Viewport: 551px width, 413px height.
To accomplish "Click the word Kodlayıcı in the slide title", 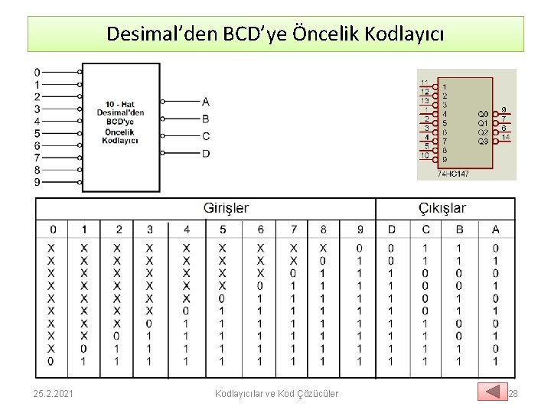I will (405, 34).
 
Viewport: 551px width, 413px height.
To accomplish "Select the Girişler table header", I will (226, 208).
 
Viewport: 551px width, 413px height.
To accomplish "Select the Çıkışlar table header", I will (442, 208).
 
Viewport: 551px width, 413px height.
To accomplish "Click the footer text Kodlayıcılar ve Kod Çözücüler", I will (277, 393).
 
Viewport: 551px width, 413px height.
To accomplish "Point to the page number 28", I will (514, 393).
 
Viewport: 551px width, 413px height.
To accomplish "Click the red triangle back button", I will (492, 392).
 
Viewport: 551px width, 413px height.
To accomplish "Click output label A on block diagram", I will (205, 102).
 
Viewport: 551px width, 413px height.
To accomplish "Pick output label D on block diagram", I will (205, 154).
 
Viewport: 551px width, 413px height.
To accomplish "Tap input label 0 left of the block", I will (37, 73).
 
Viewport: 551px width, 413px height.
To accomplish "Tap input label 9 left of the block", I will (37, 182).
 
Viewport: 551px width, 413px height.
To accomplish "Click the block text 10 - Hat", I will (120, 104).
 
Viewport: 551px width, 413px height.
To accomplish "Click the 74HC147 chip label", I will (453, 174).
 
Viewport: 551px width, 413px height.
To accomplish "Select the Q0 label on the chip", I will (483, 114).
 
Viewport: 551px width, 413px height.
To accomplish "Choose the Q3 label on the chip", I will (483, 141).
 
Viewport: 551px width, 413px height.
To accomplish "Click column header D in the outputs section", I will (392, 229).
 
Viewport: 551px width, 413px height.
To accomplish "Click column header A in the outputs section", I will (495, 229).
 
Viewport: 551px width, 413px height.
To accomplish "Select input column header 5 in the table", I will (223, 229).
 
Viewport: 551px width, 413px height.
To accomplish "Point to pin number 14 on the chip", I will (506, 137).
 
